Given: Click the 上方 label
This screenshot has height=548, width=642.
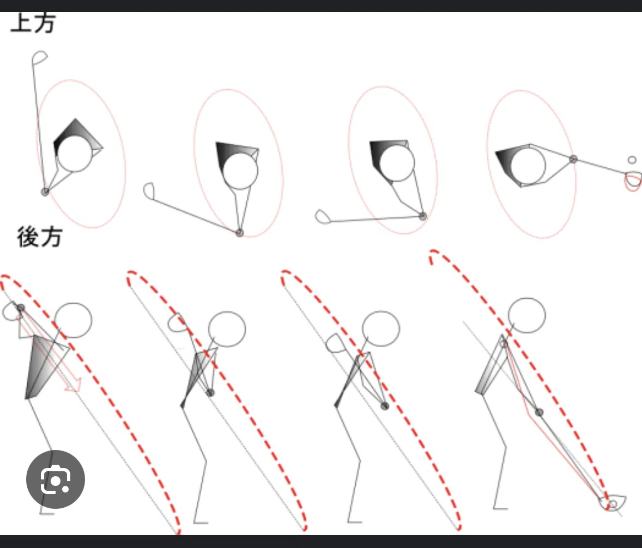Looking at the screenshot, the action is point(33,22).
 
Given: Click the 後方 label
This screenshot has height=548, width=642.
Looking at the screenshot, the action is point(40,237).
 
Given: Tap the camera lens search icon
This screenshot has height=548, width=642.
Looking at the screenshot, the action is point(55,479).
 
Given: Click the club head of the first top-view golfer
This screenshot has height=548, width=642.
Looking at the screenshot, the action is point(39,58).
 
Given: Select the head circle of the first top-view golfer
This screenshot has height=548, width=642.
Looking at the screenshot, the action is point(75,154).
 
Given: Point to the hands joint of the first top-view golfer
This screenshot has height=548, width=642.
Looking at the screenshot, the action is point(45,192).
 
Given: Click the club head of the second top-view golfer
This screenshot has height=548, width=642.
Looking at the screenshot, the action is point(149,191).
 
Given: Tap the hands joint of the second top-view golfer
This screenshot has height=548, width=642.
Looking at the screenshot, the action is point(239,233).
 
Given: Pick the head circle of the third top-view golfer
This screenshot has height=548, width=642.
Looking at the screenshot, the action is point(397,164).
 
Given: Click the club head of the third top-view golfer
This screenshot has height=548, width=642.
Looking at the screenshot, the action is point(323,217).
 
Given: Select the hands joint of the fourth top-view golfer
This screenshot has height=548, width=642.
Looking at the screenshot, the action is point(573,159).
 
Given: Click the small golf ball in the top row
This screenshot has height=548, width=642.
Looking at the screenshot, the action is point(632,160).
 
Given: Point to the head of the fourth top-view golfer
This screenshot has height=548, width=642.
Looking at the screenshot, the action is point(528,165).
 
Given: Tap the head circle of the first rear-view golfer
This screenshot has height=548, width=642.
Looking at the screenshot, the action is point(73,320).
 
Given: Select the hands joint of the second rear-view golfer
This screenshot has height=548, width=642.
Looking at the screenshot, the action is point(210,392).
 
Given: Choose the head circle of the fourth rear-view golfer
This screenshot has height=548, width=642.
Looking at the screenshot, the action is point(526,315).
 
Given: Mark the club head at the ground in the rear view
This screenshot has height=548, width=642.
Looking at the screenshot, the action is point(613,503).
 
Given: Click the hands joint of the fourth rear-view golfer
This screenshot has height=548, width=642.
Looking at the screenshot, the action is point(539,412).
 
